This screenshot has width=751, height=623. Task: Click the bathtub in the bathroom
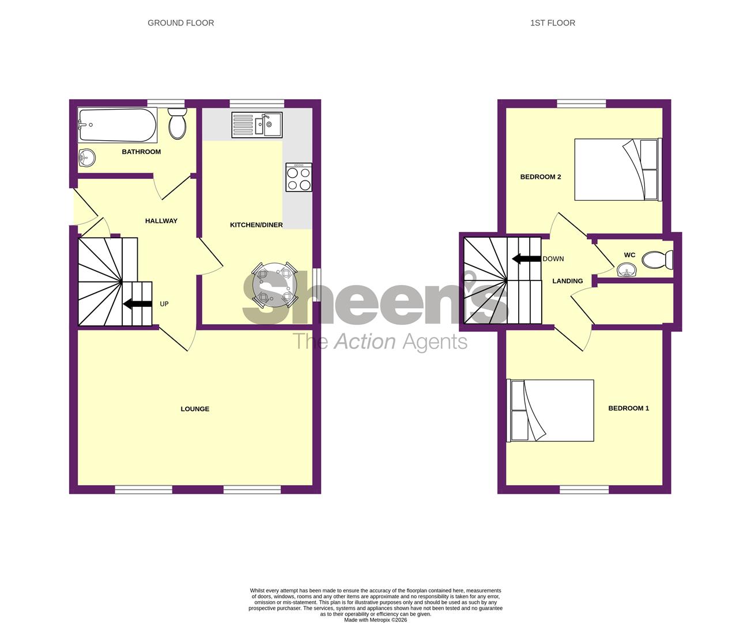118,125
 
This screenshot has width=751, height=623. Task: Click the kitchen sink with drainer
256,125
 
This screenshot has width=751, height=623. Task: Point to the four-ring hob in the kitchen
299,177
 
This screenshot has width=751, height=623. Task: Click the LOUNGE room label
195,409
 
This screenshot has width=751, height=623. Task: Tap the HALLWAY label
161,221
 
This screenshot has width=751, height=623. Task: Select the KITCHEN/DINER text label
256,225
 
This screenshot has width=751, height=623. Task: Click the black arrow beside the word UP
137,304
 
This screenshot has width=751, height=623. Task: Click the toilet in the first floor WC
657,260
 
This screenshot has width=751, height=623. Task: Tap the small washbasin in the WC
627,269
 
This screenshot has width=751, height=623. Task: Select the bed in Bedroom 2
617,170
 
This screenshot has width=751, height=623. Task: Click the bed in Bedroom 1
550,411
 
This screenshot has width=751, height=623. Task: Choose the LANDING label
568,282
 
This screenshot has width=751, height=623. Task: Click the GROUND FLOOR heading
181,23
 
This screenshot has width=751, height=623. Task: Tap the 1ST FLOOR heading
553,23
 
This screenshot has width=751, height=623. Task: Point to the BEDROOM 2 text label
541,177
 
